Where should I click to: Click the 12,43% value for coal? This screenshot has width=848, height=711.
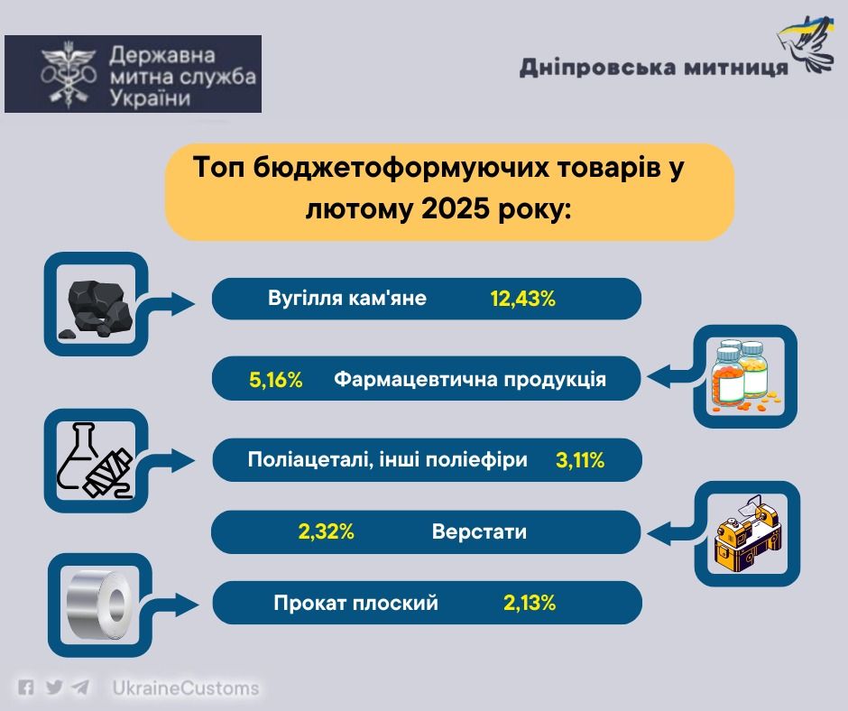coord(523,299)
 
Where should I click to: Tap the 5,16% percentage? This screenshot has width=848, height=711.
coord(276,380)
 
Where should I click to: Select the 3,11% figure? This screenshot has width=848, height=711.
coord(580,460)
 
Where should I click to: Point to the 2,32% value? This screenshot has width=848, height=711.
coord(326,532)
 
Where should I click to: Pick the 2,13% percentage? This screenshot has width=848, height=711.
coord(530,603)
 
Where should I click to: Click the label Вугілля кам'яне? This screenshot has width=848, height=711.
coord(347,298)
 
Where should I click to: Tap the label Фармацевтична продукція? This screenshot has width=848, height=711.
coord(470,380)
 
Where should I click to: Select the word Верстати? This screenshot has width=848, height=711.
coord(479,532)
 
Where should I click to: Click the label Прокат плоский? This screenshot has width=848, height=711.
coord(355,603)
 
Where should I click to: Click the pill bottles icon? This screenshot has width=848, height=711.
coord(744,376)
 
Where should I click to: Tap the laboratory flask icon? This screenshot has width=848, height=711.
coord(95,460)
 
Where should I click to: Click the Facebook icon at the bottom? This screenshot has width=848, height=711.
coord(26,688)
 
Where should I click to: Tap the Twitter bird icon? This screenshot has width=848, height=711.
coord(54,688)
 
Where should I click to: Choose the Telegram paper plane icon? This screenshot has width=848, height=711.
coord(80,688)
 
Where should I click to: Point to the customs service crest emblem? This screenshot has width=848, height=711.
coord(69,74)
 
